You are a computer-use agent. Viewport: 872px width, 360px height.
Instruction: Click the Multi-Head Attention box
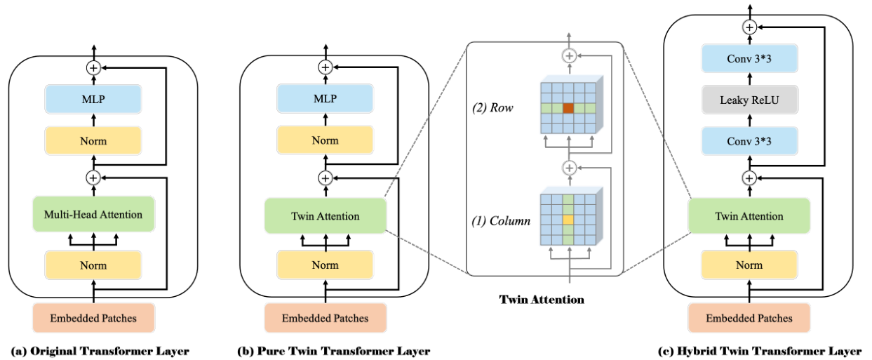click(93, 215)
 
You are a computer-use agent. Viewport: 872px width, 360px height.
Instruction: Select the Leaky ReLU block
click(749, 100)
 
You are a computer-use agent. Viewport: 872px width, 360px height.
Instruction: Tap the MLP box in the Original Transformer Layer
click(93, 100)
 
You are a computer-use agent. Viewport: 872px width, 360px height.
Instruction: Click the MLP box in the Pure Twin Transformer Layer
click(325, 100)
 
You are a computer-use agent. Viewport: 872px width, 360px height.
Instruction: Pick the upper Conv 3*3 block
click(749, 60)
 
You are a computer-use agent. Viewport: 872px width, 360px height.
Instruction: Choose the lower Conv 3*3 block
click(749, 141)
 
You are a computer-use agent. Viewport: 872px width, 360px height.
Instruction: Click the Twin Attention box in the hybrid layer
click(749, 216)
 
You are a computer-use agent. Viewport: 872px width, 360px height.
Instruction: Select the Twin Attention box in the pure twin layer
click(325, 216)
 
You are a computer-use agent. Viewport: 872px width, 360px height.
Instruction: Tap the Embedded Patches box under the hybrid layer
click(749, 318)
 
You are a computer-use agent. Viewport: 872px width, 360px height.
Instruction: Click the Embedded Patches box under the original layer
click(93, 319)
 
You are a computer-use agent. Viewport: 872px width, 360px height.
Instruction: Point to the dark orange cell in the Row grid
click(569, 108)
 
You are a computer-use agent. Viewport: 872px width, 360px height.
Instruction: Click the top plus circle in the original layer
click(93, 67)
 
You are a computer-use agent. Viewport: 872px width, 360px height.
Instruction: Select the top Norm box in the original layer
click(93, 141)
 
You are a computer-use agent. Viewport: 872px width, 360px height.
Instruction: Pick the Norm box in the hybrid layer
click(749, 266)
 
